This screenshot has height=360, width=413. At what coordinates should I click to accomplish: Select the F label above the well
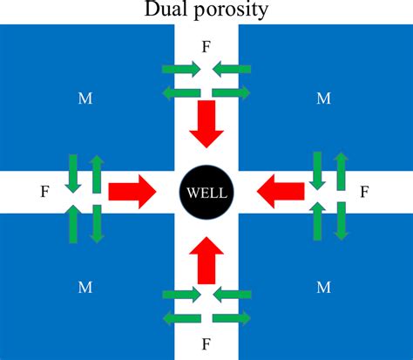point(206,46)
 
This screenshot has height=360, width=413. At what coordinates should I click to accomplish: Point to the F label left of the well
point(44,189)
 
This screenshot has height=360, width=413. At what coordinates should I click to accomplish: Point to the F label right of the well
point(366,189)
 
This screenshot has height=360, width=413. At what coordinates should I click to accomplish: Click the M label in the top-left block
point(85,98)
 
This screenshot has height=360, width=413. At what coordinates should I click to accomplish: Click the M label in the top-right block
point(323,98)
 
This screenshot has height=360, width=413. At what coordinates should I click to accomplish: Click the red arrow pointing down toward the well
point(206,122)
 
